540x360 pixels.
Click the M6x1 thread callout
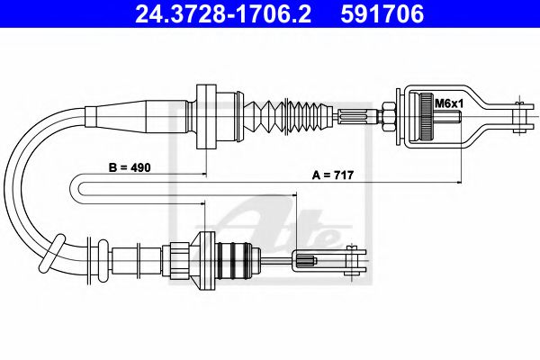pyautogui.click(x=446, y=104)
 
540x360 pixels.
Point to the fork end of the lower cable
pyautogui.click(x=353, y=260)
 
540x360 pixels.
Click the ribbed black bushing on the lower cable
pyautogui.click(x=238, y=261)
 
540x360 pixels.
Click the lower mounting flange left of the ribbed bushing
pyautogui.click(x=206, y=260)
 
